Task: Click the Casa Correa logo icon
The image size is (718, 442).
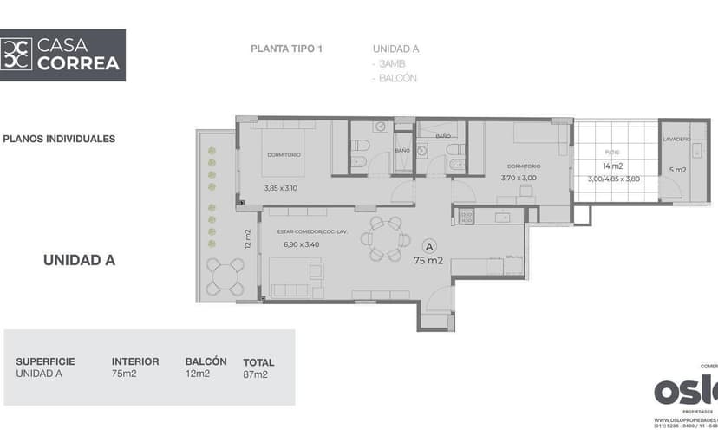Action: (x=17, y=55)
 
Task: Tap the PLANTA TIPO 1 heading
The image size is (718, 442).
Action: (x=286, y=49)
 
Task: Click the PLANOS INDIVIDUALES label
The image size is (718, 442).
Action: (x=59, y=139)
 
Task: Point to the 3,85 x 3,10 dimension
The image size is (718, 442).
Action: (x=280, y=187)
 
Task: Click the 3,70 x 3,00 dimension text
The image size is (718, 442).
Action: (x=519, y=178)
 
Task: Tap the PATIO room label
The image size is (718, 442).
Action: (x=612, y=152)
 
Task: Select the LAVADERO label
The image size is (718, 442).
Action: (x=676, y=140)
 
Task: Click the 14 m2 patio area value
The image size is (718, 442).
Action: (x=611, y=166)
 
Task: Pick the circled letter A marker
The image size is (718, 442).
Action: (x=428, y=246)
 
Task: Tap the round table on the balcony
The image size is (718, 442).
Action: (x=225, y=276)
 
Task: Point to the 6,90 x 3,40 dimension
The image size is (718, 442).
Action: (x=301, y=244)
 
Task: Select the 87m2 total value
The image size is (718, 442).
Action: (x=255, y=375)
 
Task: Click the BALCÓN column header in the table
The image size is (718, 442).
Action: (x=206, y=361)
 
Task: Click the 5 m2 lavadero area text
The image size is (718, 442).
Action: (x=677, y=170)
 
